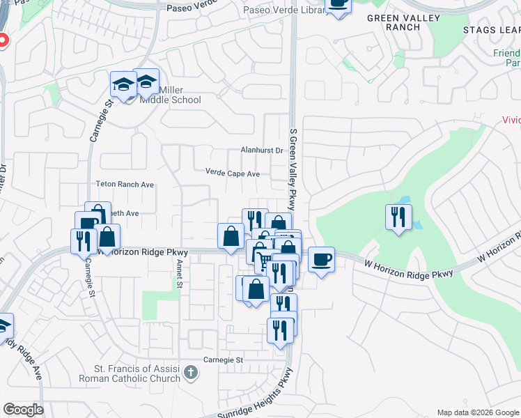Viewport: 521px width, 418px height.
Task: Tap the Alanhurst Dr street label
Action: point(261,150)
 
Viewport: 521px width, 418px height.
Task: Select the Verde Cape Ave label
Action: point(233,173)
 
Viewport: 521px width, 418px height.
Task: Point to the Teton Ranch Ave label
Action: point(125,185)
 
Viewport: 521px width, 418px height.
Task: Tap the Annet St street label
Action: point(179,274)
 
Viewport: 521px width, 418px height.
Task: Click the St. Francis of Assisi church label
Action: point(137,373)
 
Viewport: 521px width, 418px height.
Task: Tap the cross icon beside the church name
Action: point(192,373)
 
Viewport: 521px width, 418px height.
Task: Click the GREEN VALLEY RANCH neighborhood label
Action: point(403,22)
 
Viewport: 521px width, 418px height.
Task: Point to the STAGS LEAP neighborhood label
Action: point(491,29)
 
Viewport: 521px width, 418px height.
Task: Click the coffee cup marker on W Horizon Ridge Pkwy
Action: point(321,260)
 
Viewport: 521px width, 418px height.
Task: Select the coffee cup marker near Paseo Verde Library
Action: point(339,4)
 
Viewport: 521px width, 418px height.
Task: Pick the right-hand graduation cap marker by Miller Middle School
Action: point(146,83)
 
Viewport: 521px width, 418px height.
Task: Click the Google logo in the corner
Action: point(23,410)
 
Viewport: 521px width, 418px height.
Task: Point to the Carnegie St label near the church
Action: point(222,360)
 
